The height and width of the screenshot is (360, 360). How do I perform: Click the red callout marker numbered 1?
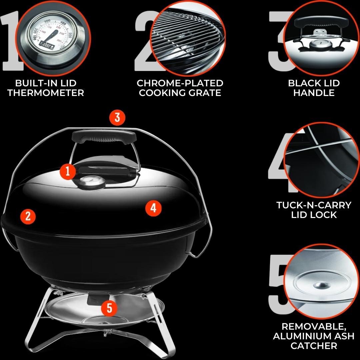pyautogui.click(x=68, y=171)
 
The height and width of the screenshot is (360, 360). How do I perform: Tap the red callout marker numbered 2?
pyautogui.click(x=28, y=216)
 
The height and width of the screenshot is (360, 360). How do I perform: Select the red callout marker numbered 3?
pyautogui.click(x=117, y=118)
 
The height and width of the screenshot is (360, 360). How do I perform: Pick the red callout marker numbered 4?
pyautogui.click(x=153, y=208)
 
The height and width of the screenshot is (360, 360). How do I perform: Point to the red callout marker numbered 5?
pyautogui.click(x=109, y=308)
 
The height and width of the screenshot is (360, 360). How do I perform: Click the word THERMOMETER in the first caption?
pyautogui.click(x=46, y=93)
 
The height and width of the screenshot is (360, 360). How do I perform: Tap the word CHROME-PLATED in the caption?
pyautogui.click(x=180, y=83)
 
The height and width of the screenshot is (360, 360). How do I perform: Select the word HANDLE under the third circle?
pyautogui.click(x=314, y=93)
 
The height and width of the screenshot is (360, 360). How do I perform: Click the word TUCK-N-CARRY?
pyautogui.click(x=314, y=205)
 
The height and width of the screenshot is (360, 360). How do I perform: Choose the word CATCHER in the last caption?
pyautogui.click(x=314, y=346)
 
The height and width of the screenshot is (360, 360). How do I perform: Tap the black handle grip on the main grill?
pyautogui.click(x=104, y=137)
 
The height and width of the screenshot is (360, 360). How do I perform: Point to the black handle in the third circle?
pyautogui.click(x=321, y=22)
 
